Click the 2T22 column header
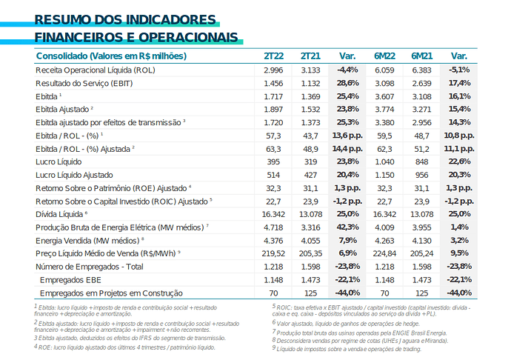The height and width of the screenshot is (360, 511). click(x=273, y=56)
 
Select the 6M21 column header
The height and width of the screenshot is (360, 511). click(x=421, y=56)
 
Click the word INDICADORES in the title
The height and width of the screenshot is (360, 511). click(x=171, y=20)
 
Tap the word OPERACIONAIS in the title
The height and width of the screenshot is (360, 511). click(x=188, y=38)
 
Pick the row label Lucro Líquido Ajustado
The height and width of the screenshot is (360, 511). click(x=74, y=175)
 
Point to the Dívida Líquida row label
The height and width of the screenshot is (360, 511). click(x=59, y=214)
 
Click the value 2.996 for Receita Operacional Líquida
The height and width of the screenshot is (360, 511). click(x=273, y=70)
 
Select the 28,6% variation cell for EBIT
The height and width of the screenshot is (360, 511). click(x=348, y=83)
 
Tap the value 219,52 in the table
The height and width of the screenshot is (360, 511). click(x=273, y=253)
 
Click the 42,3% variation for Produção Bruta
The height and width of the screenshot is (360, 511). click(x=348, y=227)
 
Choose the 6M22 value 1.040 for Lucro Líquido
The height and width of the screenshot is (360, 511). click(x=384, y=161)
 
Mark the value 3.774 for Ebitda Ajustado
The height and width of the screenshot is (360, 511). click(x=384, y=109)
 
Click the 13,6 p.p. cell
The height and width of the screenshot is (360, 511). click(x=347, y=136)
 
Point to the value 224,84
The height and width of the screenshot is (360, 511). click(x=384, y=253)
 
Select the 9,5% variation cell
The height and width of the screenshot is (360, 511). click(x=459, y=253)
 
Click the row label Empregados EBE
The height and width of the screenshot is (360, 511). click(x=70, y=280)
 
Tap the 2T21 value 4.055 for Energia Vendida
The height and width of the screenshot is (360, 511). click(x=310, y=241)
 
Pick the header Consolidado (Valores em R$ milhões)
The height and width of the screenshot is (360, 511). click(x=111, y=56)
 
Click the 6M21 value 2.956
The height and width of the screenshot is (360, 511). click(x=421, y=123)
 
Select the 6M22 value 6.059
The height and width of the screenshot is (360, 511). click(x=384, y=70)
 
